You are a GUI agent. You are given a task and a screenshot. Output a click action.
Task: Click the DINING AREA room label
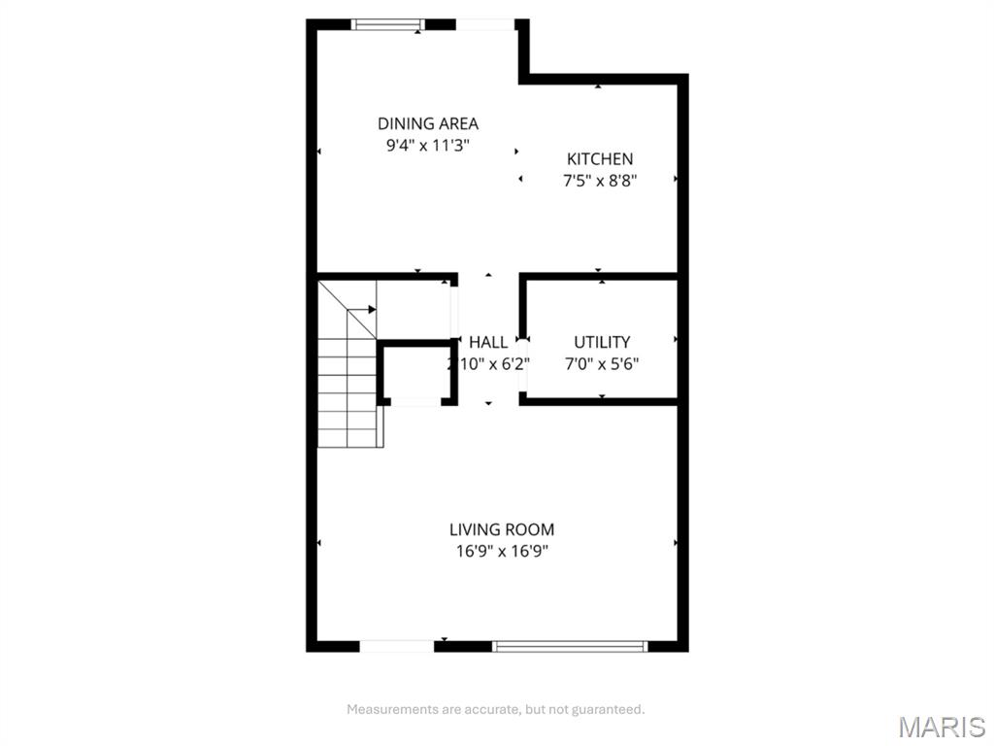(x=428, y=123)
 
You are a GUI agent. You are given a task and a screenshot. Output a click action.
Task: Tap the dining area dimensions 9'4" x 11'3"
(x=428, y=146)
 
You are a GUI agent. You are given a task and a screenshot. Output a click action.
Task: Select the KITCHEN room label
(x=600, y=158)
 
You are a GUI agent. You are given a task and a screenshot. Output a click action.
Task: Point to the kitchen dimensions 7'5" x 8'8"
(x=600, y=181)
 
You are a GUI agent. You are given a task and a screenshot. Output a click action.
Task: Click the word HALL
(x=488, y=343)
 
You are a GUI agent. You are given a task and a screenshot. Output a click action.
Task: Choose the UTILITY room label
(x=602, y=343)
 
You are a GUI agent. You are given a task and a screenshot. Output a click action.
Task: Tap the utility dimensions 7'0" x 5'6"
(x=602, y=364)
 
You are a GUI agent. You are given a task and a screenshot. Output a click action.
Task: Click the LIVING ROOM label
(x=502, y=529)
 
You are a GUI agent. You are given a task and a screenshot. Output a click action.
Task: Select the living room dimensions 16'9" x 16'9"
(x=502, y=552)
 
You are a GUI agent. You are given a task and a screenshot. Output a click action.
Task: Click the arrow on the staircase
(x=362, y=310)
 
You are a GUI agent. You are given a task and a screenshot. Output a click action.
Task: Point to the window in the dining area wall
(x=388, y=24)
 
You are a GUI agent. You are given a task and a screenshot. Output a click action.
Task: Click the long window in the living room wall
(x=570, y=646)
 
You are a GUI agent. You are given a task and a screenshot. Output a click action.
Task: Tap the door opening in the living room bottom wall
(x=397, y=646)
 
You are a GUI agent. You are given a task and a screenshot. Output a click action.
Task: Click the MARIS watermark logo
(x=942, y=727)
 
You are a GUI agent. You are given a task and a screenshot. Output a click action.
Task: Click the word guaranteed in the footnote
(x=608, y=710)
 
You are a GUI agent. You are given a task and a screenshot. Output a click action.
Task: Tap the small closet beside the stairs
(x=415, y=372)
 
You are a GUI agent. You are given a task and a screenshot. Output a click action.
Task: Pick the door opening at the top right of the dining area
(x=485, y=24)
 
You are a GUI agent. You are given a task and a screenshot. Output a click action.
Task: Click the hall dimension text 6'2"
(x=513, y=364)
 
